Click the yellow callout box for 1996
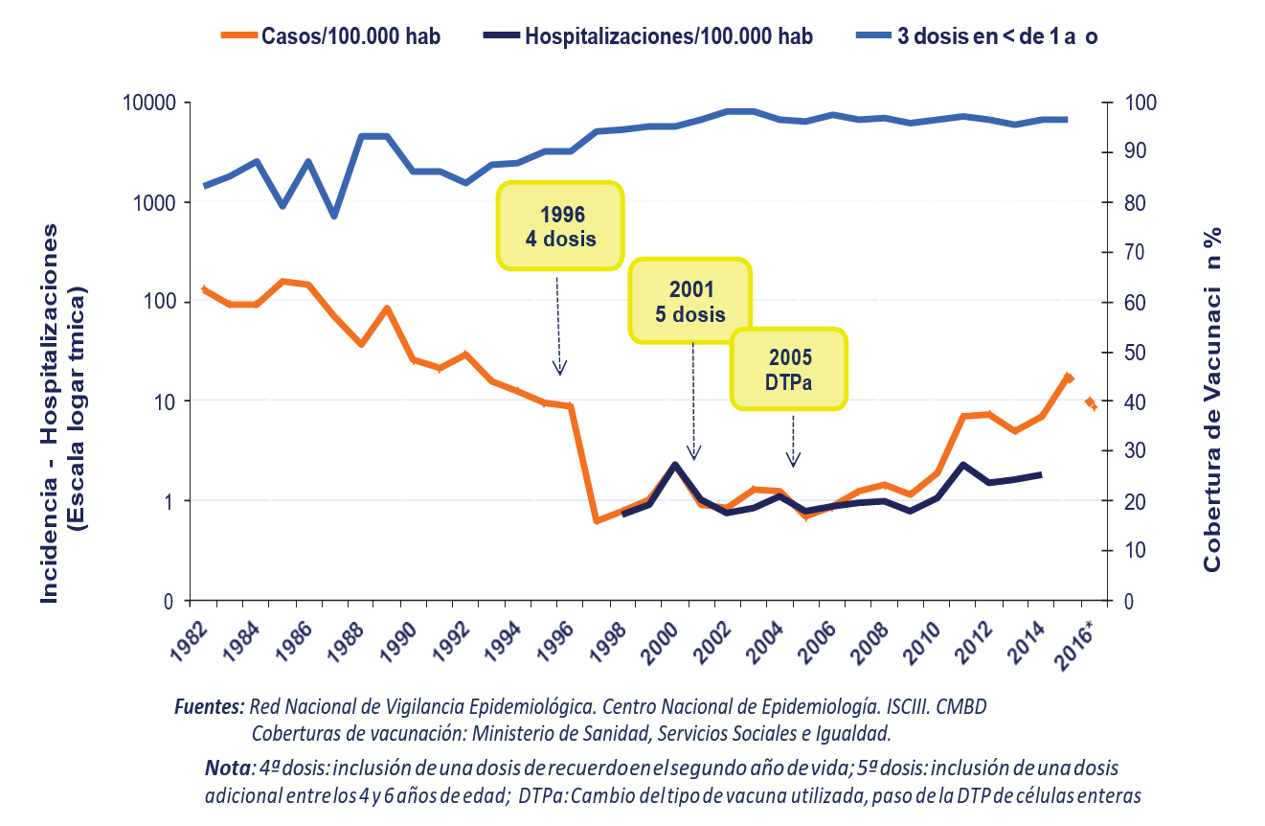[560, 224]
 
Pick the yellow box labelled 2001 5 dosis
[691, 300]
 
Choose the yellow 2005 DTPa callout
[790, 369]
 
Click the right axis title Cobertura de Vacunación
[1212, 402]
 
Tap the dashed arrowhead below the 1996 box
[561, 368]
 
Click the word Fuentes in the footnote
[210, 709]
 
